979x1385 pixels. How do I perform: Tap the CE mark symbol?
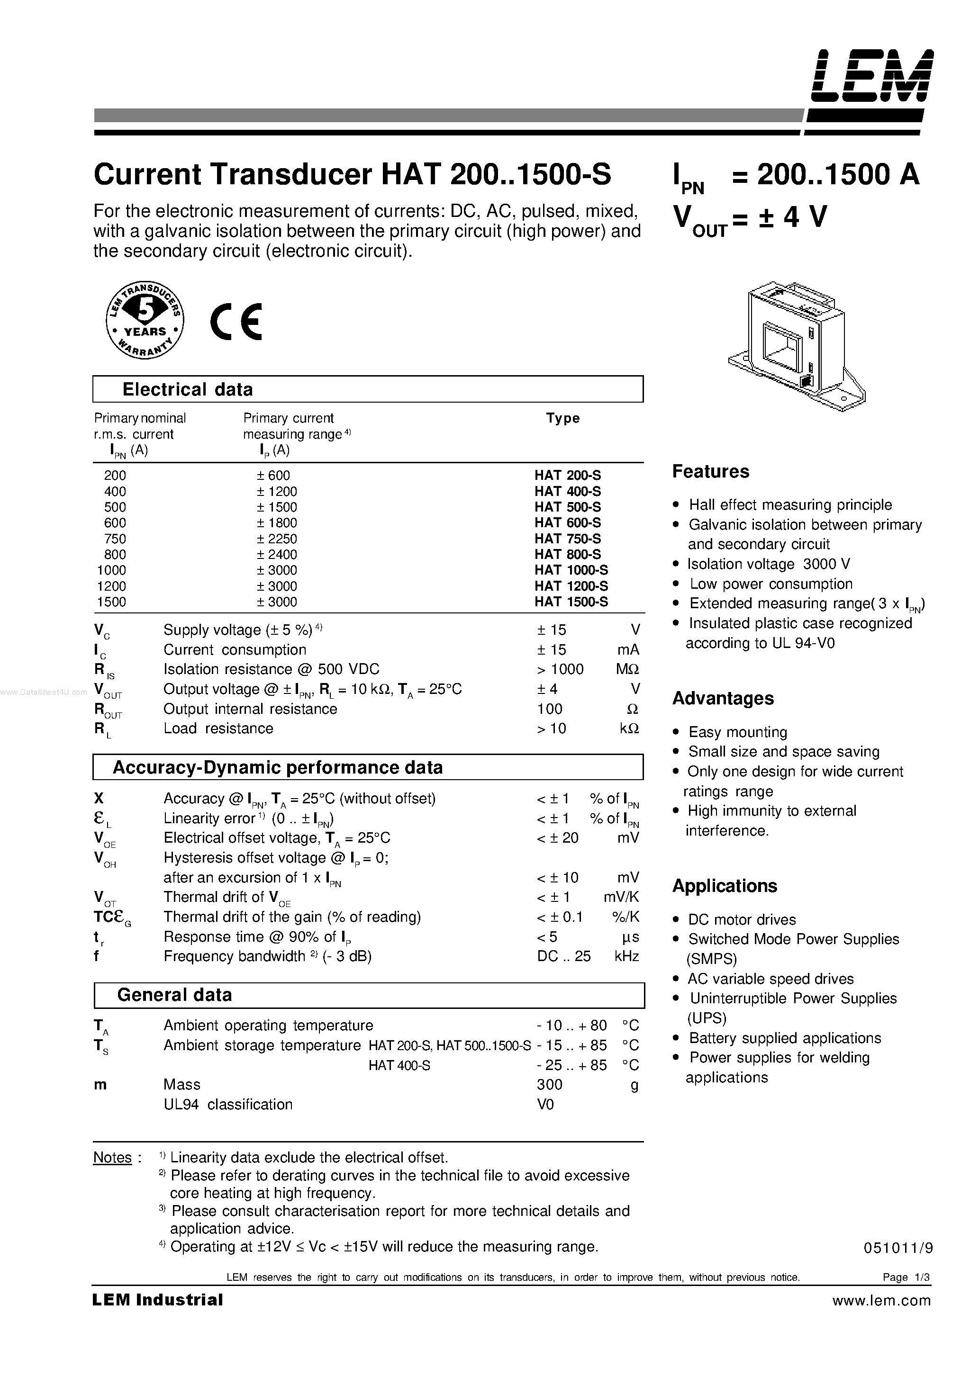tap(236, 322)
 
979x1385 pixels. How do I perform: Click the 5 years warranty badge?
tap(145, 320)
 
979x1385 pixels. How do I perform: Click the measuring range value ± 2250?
tap(277, 539)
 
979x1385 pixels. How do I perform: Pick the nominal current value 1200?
tap(112, 586)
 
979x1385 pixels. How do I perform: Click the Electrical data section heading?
tap(187, 390)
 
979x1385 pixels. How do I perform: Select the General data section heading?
tap(174, 995)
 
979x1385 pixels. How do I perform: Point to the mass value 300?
tap(549, 1085)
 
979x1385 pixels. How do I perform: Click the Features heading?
tap(710, 472)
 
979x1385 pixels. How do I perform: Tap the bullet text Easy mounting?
tap(738, 732)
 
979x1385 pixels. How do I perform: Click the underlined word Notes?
tap(112, 1158)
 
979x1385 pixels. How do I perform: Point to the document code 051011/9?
tap(898, 1249)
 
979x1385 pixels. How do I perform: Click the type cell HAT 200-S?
tap(567, 476)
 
